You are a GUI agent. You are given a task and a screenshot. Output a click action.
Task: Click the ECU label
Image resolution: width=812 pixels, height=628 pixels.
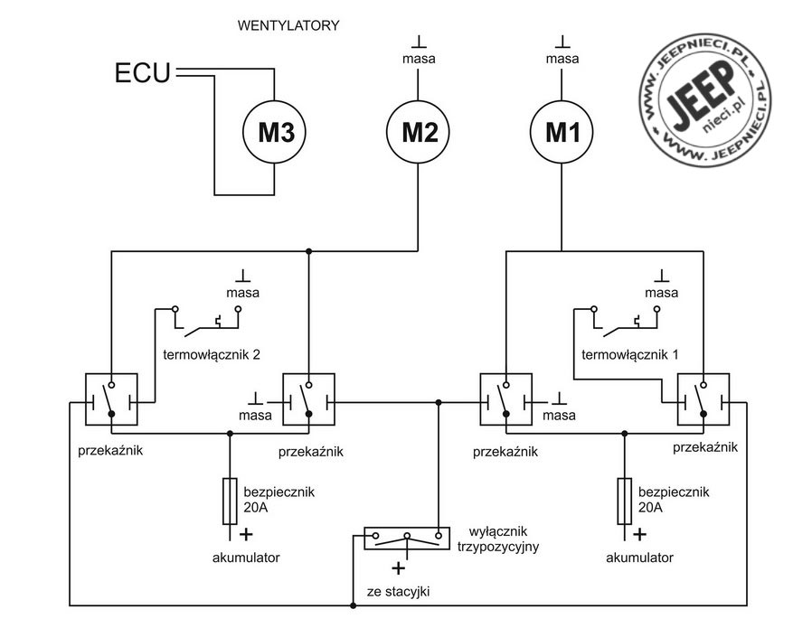pos(142,73)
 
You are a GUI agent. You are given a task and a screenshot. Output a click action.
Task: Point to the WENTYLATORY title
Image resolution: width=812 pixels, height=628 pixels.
pos(288,25)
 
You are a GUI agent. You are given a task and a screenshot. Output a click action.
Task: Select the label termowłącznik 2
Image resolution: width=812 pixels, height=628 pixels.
pos(212,355)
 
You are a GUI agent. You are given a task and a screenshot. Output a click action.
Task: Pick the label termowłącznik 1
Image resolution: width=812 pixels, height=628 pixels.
pos(629,355)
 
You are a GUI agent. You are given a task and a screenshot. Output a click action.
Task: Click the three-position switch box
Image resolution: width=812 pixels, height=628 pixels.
pos(407,539)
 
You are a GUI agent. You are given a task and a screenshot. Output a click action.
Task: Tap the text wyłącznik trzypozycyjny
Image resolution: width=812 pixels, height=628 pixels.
pos(498,539)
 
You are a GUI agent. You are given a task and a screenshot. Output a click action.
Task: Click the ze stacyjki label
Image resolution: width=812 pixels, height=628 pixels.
pos(398,592)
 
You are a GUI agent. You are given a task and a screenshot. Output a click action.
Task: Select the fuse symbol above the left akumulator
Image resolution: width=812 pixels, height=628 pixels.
pos(230,501)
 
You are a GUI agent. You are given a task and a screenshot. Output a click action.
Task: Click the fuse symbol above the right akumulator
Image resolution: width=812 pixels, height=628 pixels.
pos(625,501)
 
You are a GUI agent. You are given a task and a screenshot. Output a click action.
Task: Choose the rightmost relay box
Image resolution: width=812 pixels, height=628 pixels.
pos(703,399)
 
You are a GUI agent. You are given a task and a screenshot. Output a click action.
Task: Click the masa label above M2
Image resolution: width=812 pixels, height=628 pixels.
pos(419,59)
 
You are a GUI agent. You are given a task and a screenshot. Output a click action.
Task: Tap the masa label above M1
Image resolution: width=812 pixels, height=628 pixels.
pos(562,59)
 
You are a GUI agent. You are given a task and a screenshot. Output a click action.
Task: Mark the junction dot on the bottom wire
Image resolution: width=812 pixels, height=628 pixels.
pos(354,605)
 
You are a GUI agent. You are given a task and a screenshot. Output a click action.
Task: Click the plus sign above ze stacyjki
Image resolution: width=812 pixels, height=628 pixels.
pos(398,568)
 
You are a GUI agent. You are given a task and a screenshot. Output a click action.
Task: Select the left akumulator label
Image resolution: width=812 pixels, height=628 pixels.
pos(246,558)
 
